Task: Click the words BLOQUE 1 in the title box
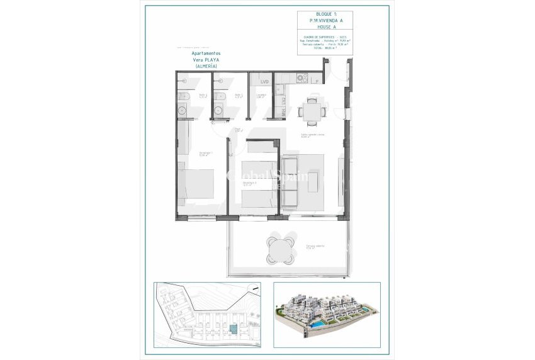(324, 14)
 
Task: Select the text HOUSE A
(324, 27)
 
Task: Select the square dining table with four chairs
(310, 111)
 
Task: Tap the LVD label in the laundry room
(264, 82)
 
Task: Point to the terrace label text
(315, 247)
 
